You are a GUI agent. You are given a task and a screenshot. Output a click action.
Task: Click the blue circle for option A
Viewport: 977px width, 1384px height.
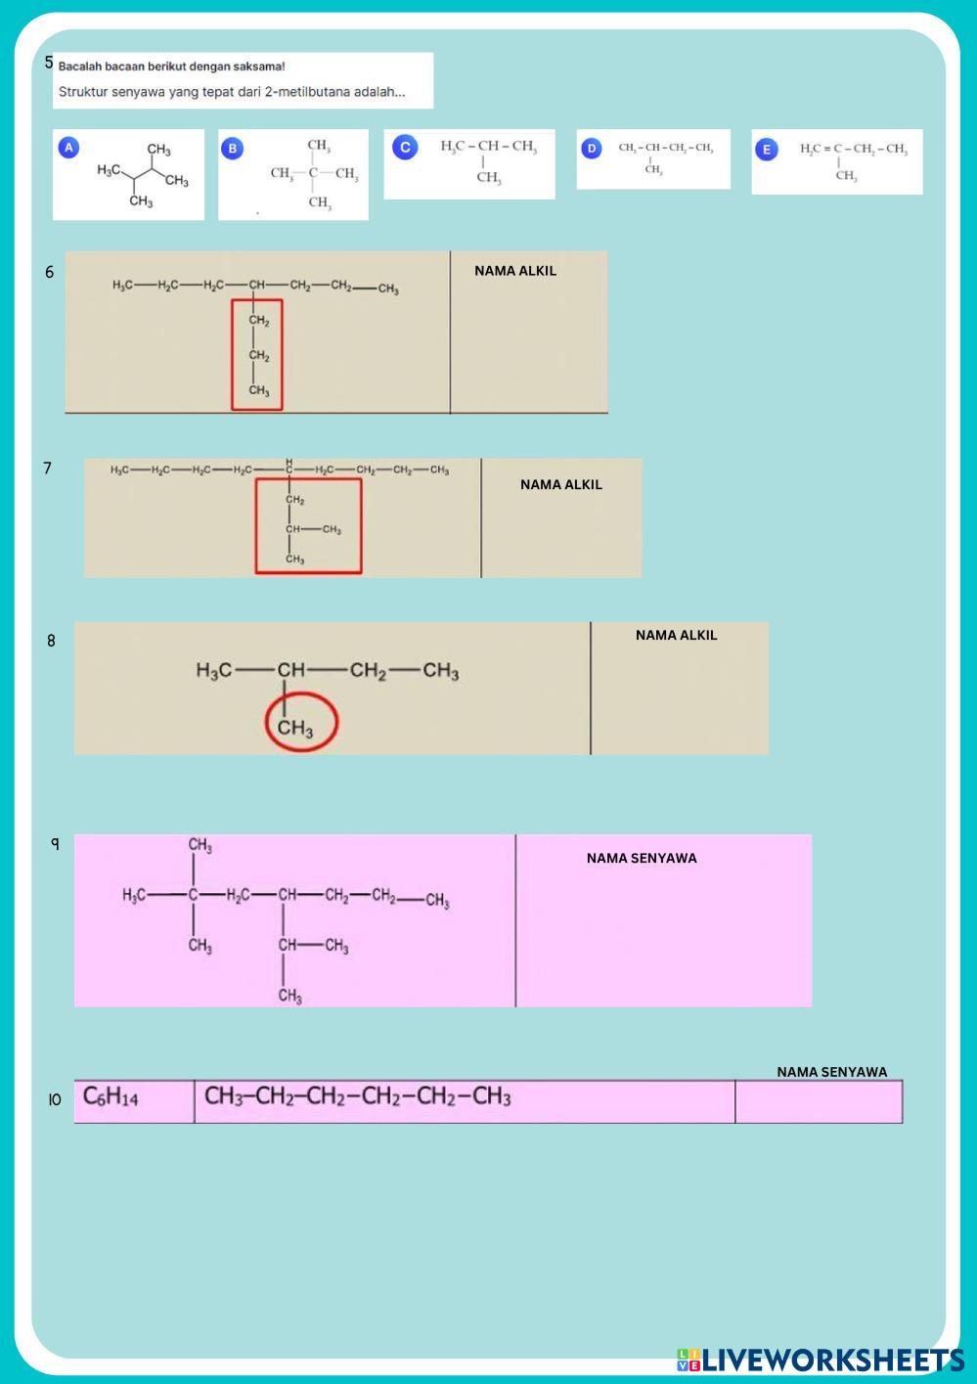point(68,148)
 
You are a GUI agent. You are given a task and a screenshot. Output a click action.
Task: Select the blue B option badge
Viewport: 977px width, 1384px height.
point(232,149)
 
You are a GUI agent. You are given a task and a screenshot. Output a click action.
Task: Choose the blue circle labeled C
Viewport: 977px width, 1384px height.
point(405,148)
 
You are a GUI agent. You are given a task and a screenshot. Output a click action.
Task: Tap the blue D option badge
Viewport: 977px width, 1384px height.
point(591,149)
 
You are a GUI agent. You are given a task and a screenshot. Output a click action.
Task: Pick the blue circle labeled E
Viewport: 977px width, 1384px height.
point(767,150)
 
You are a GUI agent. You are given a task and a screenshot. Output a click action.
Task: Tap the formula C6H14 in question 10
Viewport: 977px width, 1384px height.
point(111,1097)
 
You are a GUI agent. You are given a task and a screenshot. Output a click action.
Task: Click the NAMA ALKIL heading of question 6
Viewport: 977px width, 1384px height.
point(515,271)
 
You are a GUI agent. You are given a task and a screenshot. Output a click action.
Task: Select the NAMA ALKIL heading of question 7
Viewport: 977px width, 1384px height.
point(561,484)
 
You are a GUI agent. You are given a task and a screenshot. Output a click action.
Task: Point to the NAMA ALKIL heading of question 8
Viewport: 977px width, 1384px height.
point(676,635)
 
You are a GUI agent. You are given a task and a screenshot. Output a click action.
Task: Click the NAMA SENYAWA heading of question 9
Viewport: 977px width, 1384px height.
point(642,858)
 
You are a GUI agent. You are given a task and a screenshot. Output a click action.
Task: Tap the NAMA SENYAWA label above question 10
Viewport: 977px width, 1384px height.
point(832,1072)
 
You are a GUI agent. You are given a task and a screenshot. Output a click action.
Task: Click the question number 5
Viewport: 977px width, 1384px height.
point(49,63)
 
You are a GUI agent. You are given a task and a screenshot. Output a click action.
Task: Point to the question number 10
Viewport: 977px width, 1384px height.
point(55,1100)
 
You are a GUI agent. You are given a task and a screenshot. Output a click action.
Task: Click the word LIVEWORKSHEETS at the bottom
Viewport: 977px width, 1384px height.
point(831,1360)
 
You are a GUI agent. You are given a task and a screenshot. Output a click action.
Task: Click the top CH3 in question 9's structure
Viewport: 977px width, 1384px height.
point(200,845)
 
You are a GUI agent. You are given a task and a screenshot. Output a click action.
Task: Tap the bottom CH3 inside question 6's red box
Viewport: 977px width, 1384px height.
point(259,391)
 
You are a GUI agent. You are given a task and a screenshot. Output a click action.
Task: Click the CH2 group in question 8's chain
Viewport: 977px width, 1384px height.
point(368,671)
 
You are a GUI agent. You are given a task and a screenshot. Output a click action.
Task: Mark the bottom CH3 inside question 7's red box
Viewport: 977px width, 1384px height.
point(294,559)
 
